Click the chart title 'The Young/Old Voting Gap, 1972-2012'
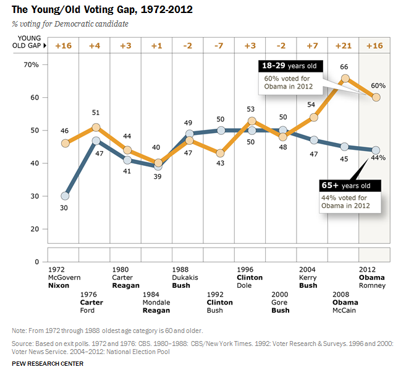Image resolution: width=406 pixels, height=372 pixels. [103, 10]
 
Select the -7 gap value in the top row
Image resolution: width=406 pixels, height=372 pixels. [219, 46]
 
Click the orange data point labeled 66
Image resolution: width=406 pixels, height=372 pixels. [345, 78]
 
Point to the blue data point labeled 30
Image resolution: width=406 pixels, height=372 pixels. [65, 196]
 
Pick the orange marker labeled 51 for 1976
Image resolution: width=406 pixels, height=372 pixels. [96, 128]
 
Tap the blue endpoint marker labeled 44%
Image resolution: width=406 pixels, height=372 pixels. [376, 150]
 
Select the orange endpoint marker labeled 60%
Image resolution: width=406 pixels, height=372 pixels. [376, 98]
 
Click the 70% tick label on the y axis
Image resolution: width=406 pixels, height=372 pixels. [32, 64]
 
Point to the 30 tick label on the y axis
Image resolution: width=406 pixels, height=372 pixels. [35, 196]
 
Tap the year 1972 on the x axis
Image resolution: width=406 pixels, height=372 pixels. [57, 269]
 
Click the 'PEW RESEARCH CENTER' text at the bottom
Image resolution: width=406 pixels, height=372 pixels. [47, 363]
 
